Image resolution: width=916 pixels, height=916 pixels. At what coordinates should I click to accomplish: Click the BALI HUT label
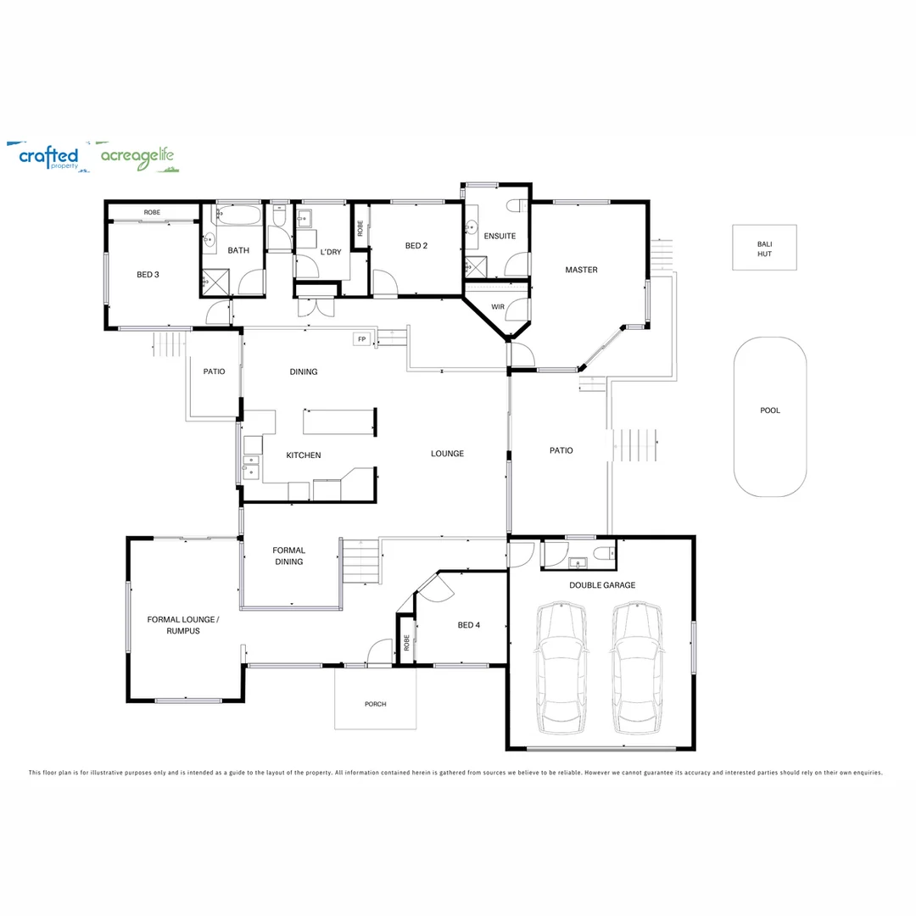tap(764, 249)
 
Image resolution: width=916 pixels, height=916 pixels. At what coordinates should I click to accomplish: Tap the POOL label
tap(770, 411)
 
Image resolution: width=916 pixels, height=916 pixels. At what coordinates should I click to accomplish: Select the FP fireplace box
tap(361, 339)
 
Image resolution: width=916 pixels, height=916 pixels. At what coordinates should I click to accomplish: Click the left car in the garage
tap(561, 667)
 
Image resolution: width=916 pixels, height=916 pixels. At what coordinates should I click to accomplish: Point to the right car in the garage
tap(637, 667)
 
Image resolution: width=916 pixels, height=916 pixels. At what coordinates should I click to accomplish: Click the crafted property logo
tap(47, 157)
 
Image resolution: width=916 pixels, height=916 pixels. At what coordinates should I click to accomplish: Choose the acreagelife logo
tap(138, 157)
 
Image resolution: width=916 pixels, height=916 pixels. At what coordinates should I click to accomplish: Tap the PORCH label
tap(375, 704)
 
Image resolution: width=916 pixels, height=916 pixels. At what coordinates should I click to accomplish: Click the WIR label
tap(498, 307)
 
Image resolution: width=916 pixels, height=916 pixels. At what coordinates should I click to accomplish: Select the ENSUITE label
tap(500, 236)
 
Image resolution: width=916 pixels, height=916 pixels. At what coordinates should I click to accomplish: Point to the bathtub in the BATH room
tap(237, 215)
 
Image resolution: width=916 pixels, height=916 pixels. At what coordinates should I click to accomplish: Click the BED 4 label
tap(468, 625)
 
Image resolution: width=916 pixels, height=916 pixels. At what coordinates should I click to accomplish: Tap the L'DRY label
tap(331, 253)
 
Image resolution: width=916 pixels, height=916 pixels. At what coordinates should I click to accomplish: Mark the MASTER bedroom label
tap(581, 270)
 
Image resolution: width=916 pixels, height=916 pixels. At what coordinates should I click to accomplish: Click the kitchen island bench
tap(338, 422)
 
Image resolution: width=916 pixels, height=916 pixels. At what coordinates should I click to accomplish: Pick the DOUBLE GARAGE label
tap(602, 585)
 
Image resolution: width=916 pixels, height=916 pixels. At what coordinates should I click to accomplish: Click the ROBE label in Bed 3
tap(152, 213)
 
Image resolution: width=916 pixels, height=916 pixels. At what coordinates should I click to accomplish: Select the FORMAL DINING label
tap(288, 556)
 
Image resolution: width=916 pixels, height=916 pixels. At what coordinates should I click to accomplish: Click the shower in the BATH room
tap(215, 282)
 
